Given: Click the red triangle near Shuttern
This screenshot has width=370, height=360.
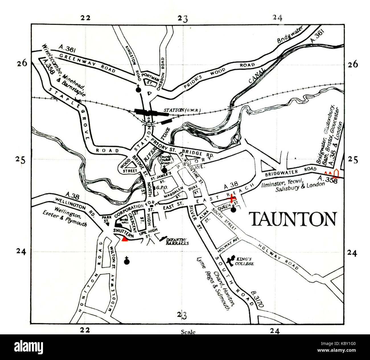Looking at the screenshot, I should tap(124, 239).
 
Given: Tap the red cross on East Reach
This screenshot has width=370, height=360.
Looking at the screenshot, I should tap(231, 198).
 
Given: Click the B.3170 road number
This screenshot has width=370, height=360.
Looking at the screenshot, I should tap(258, 299).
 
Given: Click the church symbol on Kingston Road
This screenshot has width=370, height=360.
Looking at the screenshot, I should tap(138, 89).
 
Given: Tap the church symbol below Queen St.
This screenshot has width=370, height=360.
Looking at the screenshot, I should tap(233, 209).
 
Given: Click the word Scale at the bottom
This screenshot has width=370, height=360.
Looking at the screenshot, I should tap(188, 332).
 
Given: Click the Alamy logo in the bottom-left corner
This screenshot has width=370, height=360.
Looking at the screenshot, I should tap(28, 347).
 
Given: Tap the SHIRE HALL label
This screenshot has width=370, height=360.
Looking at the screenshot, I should tap(124, 221).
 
